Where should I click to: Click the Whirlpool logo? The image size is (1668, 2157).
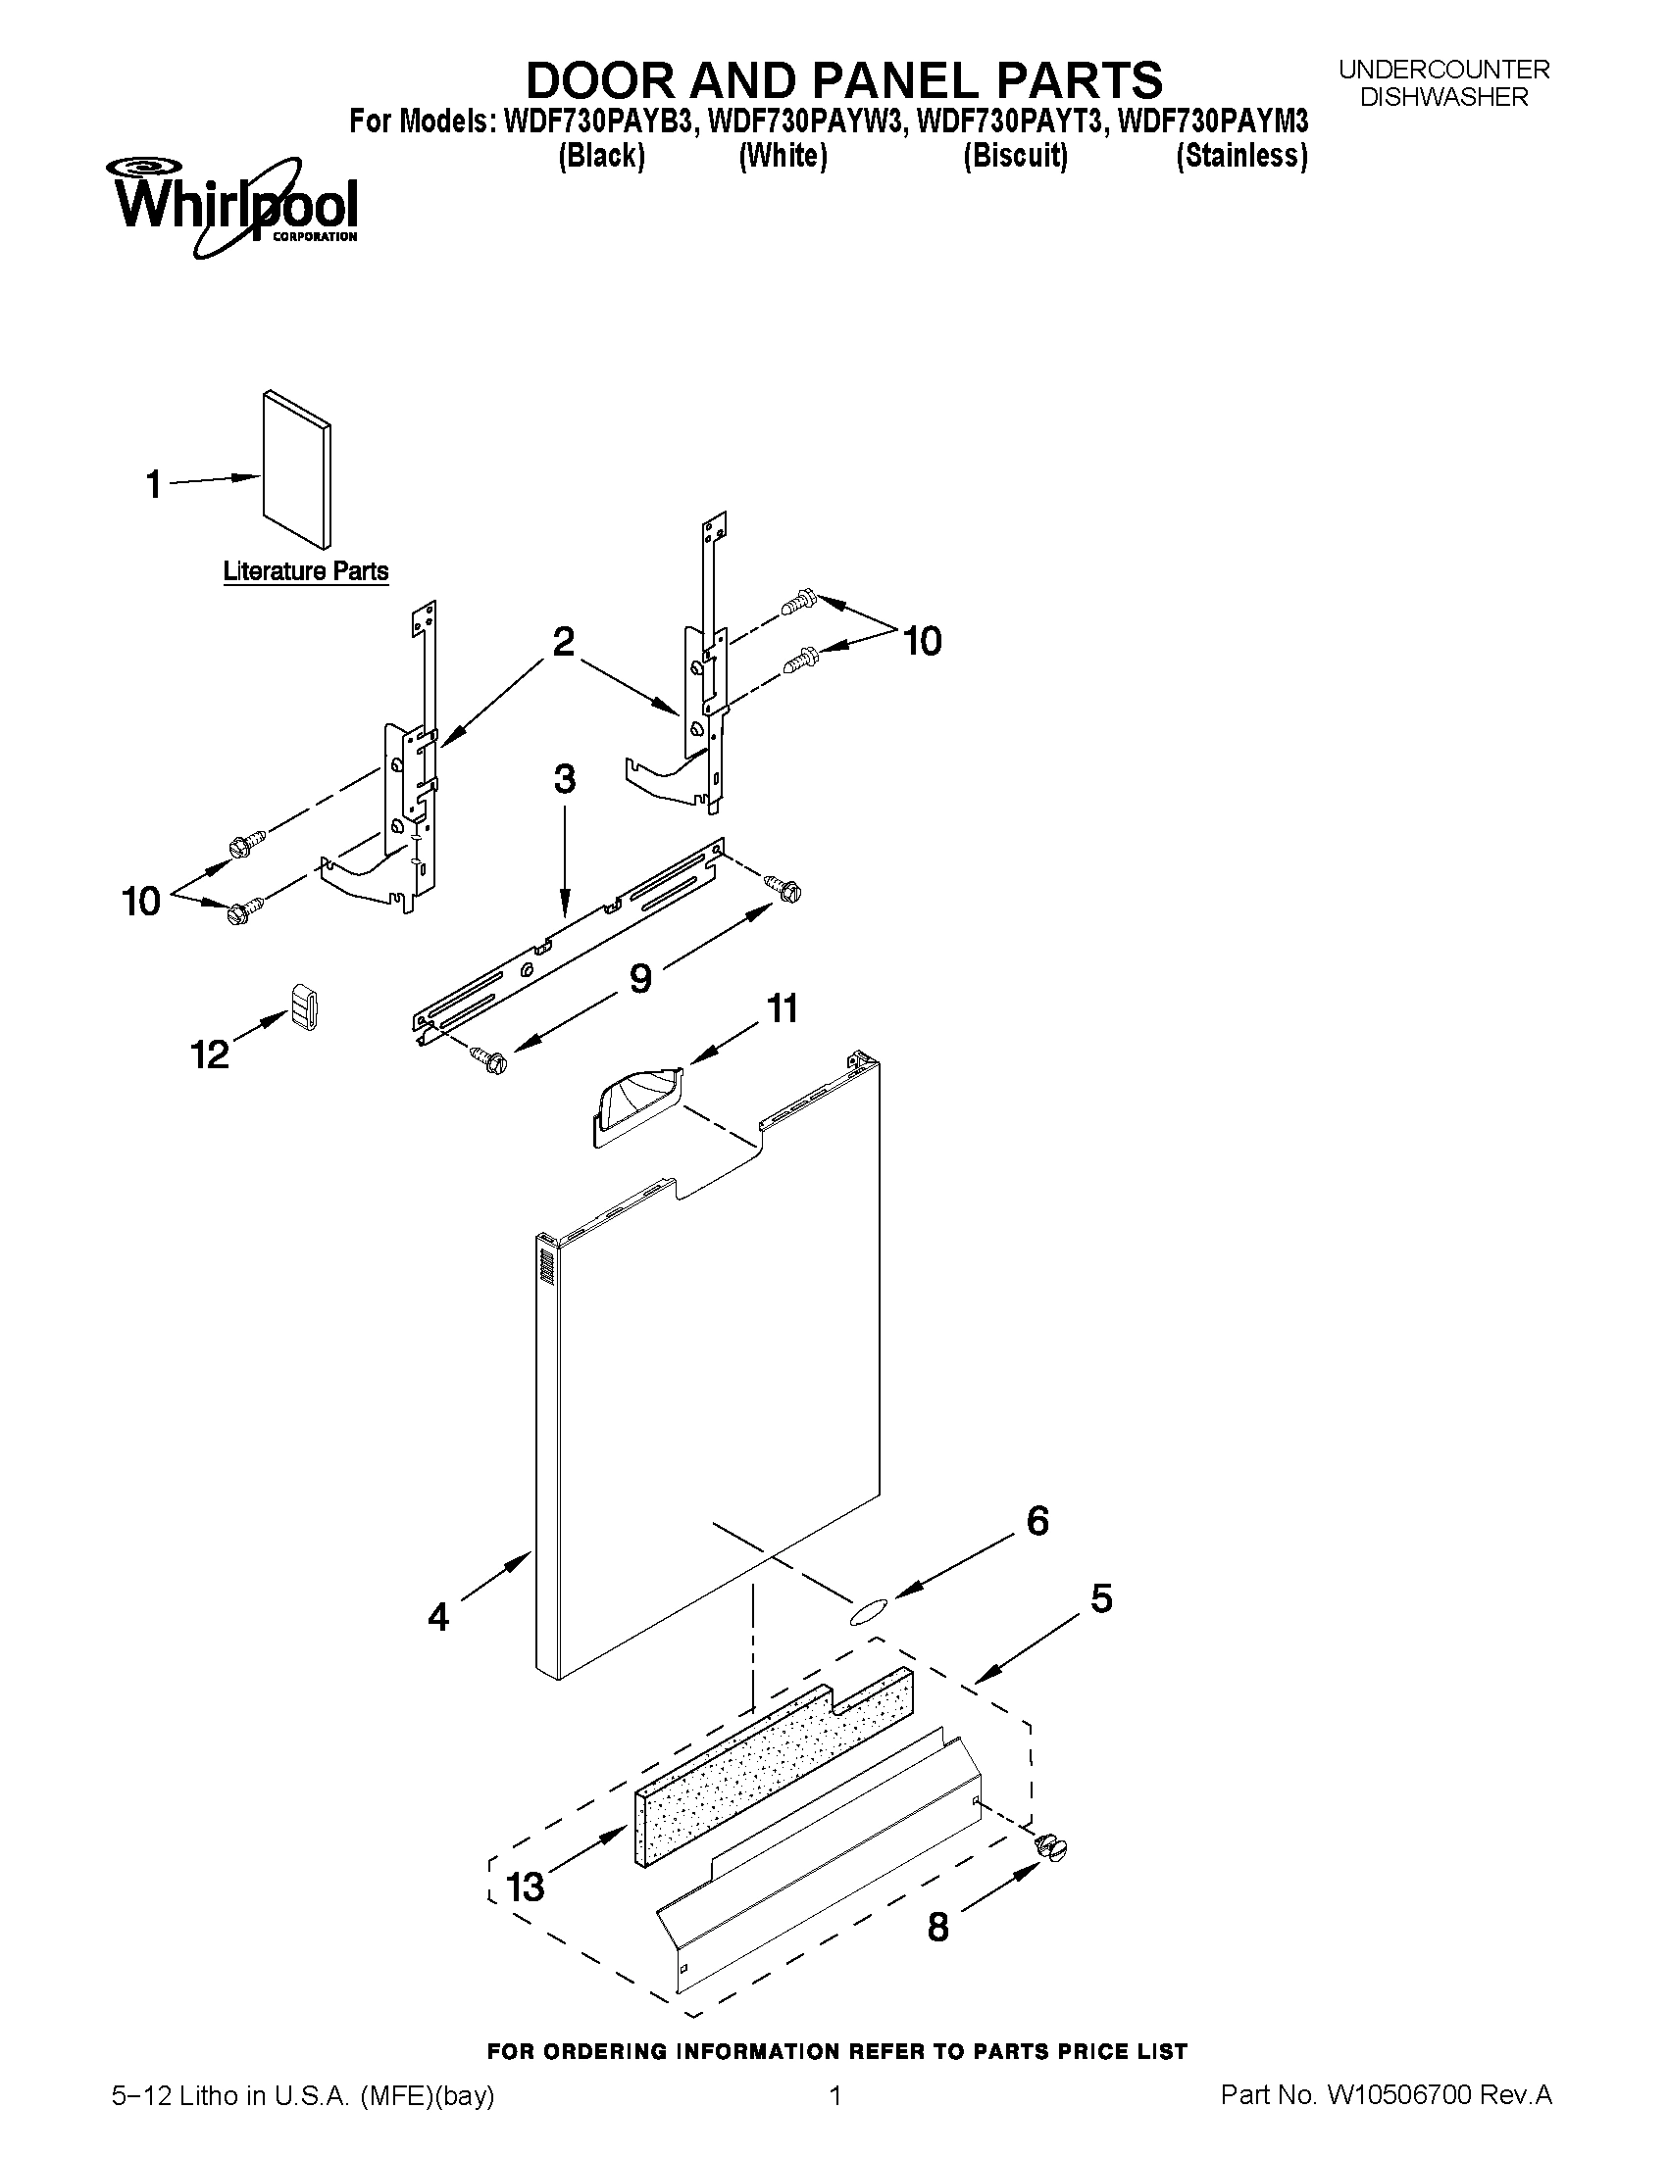(x=235, y=206)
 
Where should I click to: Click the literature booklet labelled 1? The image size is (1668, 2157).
(x=296, y=469)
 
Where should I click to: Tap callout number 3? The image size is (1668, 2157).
(x=564, y=779)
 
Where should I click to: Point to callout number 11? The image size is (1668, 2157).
(x=783, y=1009)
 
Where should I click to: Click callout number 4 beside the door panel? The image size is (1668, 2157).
(x=438, y=1616)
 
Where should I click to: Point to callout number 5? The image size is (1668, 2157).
(x=1101, y=1598)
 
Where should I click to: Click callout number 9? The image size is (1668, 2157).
(x=640, y=978)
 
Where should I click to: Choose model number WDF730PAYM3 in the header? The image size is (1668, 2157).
(x=1212, y=122)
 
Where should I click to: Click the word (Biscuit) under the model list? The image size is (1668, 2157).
(x=1016, y=156)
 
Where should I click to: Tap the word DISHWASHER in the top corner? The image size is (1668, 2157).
(x=1443, y=97)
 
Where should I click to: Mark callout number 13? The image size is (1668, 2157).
(x=526, y=1887)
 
